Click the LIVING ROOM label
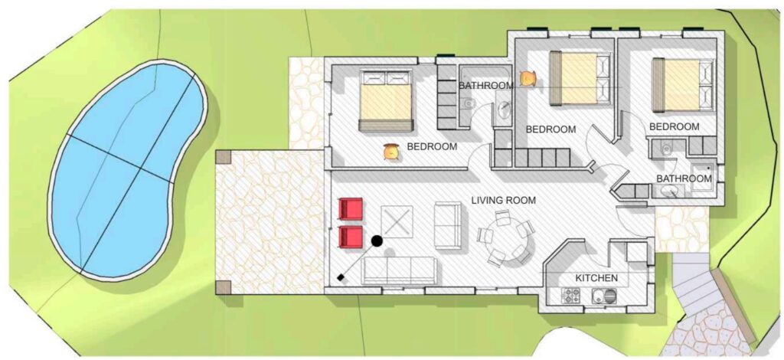(x=503, y=201)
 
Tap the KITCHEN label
(x=596, y=278)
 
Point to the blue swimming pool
(x=128, y=169)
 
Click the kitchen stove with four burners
(x=571, y=296)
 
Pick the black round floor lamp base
(x=377, y=241)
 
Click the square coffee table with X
(x=397, y=221)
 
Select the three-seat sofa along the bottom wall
(x=400, y=270)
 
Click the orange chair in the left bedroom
(x=391, y=152)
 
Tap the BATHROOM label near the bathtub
(x=486, y=86)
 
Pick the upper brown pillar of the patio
(x=223, y=157)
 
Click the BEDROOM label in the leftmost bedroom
(x=432, y=147)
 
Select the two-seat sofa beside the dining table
(x=448, y=225)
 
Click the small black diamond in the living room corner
(x=341, y=277)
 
